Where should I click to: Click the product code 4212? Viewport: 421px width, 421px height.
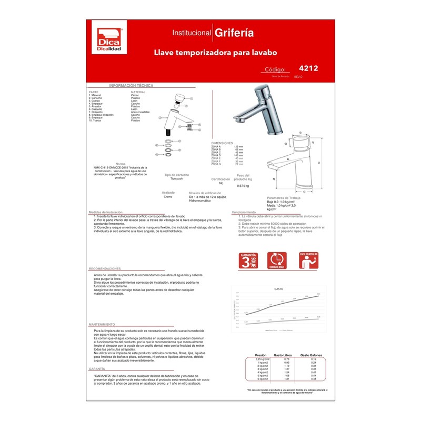(x=308, y=68)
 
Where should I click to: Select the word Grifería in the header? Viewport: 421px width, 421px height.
(x=234, y=33)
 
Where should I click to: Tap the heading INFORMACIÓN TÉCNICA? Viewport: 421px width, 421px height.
(x=131, y=85)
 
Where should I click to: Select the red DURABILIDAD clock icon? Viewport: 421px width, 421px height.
(x=277, y=261)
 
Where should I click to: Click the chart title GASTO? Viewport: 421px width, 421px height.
(x=278, y=289)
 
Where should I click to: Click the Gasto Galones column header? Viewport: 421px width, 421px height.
(x=312, y=356)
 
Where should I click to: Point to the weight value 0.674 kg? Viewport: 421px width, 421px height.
(x=243, y=186)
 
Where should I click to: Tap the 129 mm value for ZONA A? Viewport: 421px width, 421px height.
(x=238, y=146)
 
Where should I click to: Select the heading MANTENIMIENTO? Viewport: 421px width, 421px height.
(x=102, y=324)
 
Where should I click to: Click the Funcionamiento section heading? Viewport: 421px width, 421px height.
(x=244, y=212)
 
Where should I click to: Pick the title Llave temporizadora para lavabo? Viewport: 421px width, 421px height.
(x=215, y=53)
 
